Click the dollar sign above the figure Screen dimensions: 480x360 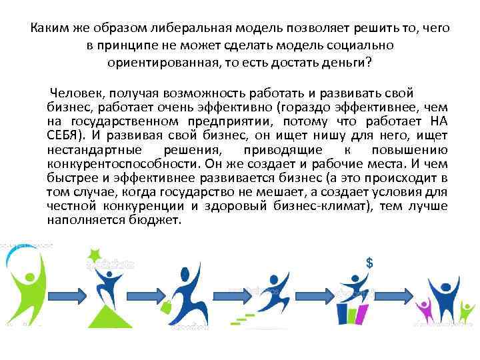click(369, 262)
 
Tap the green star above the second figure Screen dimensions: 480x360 click(95, 254)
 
